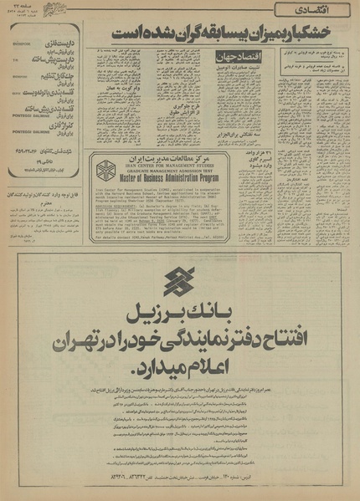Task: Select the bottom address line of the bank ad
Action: [179, 477]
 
